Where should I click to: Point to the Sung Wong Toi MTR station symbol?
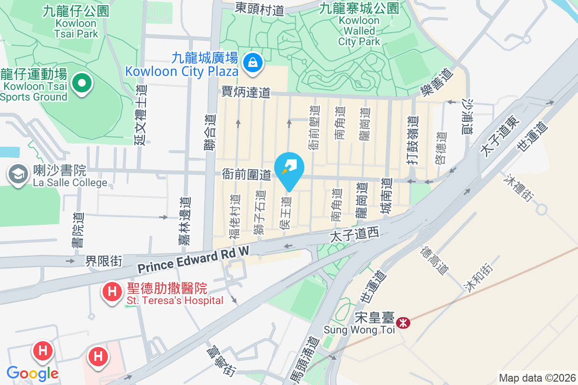tap(404, 322)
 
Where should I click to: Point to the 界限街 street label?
tap(104, 261)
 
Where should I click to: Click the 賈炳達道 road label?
tap(246, 92)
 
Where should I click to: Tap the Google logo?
tap(33, 373)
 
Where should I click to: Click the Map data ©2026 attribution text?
tap(537, 378)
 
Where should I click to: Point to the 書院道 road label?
tap(78, 231)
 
